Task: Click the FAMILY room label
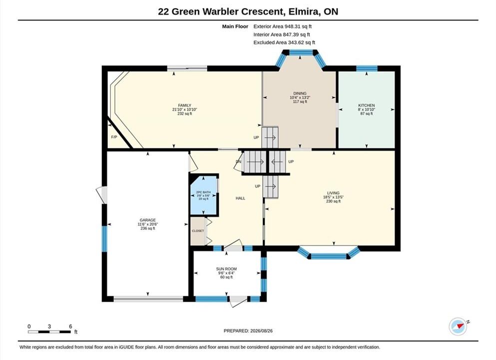[x=184, y=105]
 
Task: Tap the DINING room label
[x=300, y=93]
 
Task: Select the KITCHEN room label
[x=366, y=105]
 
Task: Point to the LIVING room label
[x=333, y=193]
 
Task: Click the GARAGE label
[x=148, y=220]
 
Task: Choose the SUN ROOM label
[x=226, y=269]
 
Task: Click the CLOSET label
[x=198, y=231]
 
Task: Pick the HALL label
[x=240, y=198]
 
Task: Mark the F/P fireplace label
[x=114, y=137]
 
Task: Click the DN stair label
[x=238, y=162]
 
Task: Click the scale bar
[x=49, y=332]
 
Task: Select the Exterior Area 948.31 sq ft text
[x=283, y=26]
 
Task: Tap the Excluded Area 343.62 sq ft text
[x=284, y=42]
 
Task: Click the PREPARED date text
[x=248, y=331]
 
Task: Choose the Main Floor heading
[x=235, y=26]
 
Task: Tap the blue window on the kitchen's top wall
[x=367, y=68]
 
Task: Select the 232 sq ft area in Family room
[x=184, y=113]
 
